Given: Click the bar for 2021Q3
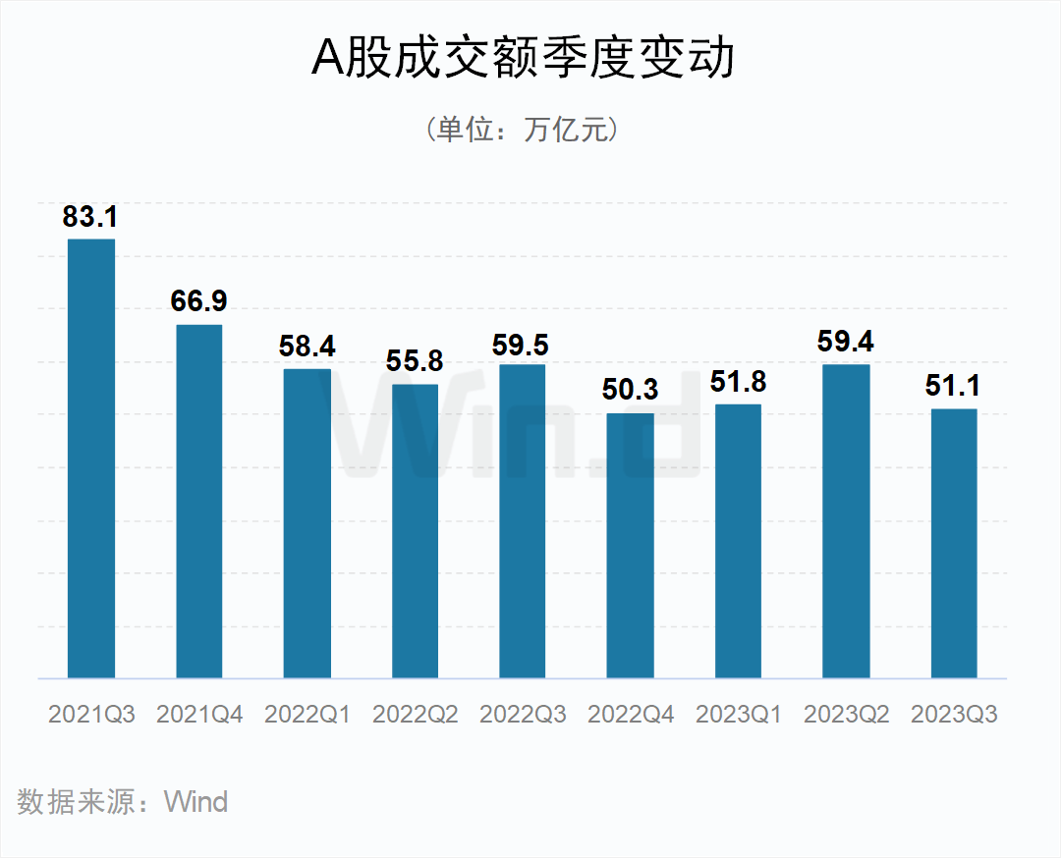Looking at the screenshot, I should tap(90, 458).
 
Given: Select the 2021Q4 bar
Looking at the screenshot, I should tap(198, 501).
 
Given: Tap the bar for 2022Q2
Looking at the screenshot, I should tap(415, 530).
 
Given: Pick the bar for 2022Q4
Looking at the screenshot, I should tap(630, 545).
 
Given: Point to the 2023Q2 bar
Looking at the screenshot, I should tap(846, 520).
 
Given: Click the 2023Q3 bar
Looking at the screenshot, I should tap(954, 543).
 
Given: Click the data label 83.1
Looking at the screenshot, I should tap(90, 217).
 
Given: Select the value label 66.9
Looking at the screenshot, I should tap(198, 301).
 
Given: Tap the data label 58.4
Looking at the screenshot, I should tap(307, 347).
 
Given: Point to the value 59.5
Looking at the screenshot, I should tap(523, 346).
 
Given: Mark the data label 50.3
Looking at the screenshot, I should tap(630, 390).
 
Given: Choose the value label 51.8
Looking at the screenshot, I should tap(739, 382).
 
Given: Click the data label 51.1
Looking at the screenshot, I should tap(953, 386).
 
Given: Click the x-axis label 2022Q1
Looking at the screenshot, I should tap(307, 715).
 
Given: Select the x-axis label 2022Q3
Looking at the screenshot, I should tap(523, 715).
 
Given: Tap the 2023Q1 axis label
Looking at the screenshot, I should tap(739, 715).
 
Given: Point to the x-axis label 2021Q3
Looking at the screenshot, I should tap(91, 715).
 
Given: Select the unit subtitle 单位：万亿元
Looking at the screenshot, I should tap(523, 131).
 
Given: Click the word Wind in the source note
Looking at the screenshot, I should tap(196, 802).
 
